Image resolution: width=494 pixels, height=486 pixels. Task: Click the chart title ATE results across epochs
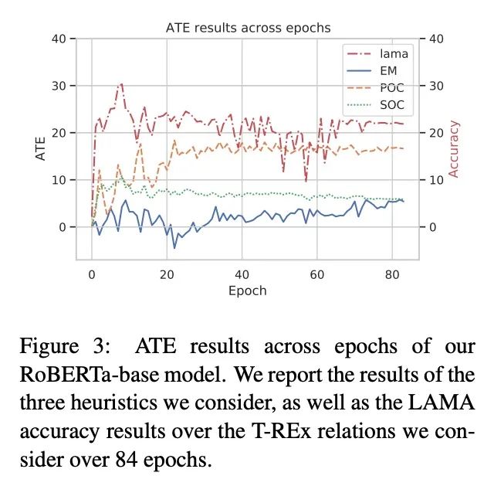click(249, 28)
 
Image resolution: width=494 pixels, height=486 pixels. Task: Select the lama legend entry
click(393, 54)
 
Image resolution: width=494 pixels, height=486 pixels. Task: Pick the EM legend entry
click(387, 71)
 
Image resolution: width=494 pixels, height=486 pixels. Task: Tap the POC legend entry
click(391, 88)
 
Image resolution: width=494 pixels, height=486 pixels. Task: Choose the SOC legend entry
click(391, 105)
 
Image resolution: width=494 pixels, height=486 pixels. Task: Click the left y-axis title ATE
click(41, 148)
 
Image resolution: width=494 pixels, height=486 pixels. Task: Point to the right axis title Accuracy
click(454, 148)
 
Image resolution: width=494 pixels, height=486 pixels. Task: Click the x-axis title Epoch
click(248, 291)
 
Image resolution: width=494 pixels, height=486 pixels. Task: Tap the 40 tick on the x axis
click(242, 274)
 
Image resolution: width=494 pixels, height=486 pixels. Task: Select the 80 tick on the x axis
click(393, 274)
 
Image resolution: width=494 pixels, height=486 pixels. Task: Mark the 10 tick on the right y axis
click(435, 180)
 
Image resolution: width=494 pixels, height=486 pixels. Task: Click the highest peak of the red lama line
click(121, 83)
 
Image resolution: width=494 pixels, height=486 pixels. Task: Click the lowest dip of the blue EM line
click(174, 248)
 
